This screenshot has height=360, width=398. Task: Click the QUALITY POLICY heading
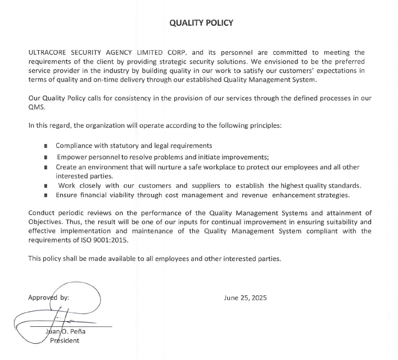click(x=201, y=23)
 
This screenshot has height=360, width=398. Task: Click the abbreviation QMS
click(x=35, y=107)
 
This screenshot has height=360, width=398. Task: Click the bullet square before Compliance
click(x=45, y=146)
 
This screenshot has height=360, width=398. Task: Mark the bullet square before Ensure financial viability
click(x=45, y=196)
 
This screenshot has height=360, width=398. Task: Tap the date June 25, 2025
click(x=245, y=298)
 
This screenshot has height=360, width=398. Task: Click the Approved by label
click(x=48, y=297)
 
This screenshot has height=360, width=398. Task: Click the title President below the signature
click(x=65, y=340)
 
